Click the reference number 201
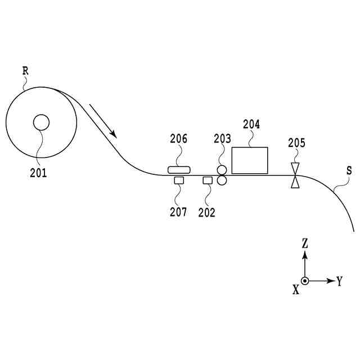(x=39, y=173)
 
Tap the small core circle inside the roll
(x=41, y=122)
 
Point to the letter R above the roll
(x=25, y=71)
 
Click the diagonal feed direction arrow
(x=102, y=120)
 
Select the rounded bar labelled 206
(x=179, y=169)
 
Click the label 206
(x=179, y=139)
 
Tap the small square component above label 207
(x=179, y=181)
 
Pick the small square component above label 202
(x=207, y=181)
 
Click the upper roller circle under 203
(x=222, y=170)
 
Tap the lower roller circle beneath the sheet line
(x=222, y=180)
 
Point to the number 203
(x=222, y=139)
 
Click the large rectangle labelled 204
(x=250, y=160)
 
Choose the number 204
(x=251, y=124)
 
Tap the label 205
(x=296, y=143)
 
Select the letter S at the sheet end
(x=349, y=169)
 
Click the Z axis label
(x=304, y=244)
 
